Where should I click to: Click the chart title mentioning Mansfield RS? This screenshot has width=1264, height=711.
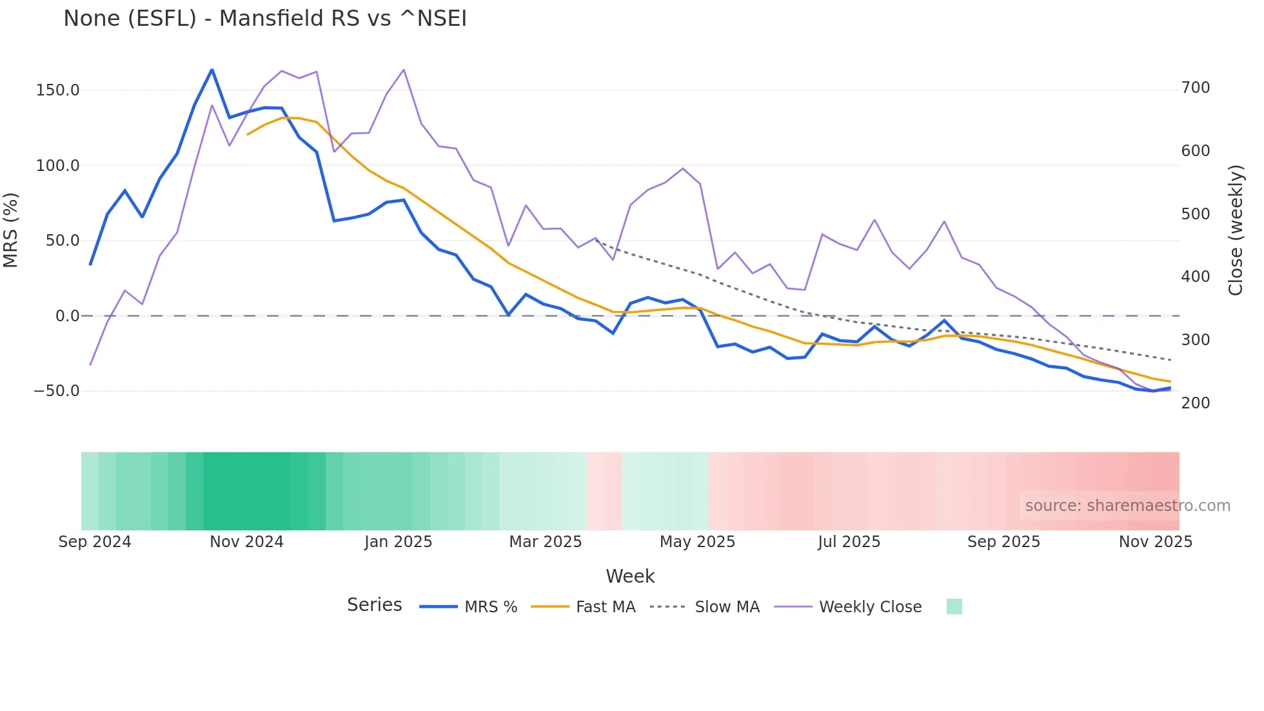(265, 19)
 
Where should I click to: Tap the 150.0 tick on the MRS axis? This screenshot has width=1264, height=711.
(58, 90)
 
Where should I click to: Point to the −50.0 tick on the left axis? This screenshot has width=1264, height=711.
(57, 391)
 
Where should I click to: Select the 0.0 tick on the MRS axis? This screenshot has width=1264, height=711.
(67, 316)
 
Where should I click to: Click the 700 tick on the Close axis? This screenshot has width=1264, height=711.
(1196, 88)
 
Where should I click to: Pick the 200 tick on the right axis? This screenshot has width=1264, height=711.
(1196, 403)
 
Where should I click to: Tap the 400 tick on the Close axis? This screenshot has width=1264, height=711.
(1196, 277)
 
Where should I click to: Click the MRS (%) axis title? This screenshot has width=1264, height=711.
(11, 230)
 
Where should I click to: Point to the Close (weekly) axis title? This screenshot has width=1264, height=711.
(1236, 230)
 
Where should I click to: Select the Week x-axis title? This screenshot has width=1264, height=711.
(630, 576)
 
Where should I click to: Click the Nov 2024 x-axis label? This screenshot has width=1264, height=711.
(246, 542)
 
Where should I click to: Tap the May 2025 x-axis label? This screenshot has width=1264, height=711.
(697, 542)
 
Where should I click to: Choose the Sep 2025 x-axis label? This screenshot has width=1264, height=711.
(1003, 542)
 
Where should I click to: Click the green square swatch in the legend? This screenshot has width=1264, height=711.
(954, 606)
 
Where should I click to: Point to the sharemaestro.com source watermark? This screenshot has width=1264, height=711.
(1127, 506)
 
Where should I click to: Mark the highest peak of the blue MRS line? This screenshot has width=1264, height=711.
(212, 70)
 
